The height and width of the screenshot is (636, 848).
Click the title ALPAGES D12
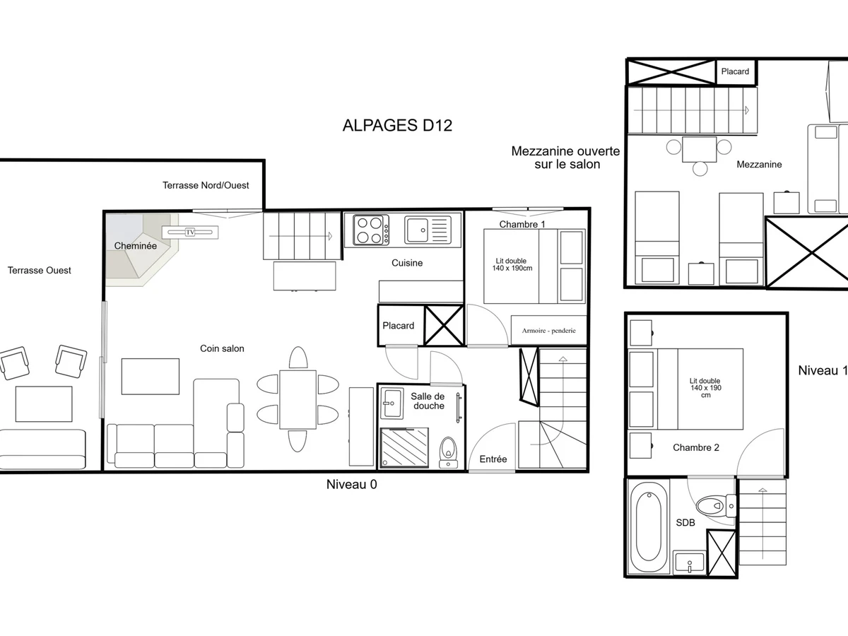[397, 126]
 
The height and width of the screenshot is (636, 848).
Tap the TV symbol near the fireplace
[190, 232]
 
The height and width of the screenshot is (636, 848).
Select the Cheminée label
[135, 246]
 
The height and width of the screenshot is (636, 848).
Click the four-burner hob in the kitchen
[371, 230]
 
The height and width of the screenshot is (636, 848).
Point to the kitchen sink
[428, 230]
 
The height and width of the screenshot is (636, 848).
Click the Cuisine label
[407, 263]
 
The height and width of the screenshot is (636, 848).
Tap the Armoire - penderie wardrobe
[548, 330]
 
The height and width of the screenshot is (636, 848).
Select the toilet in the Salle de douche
[448, 453]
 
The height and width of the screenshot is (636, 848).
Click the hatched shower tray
[404, 447]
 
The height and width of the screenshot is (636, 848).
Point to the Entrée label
[493, 459]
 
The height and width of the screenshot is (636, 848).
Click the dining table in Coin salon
[298, 399]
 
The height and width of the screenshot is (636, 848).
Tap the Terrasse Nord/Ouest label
[206, 185]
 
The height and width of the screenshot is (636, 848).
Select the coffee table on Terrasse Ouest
[44, 404]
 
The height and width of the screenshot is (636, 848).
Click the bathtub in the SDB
[649, 526]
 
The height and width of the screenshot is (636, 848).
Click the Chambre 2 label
[696, 447]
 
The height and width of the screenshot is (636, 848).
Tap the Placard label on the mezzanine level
[735, 71]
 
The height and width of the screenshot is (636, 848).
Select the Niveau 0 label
[351, 484]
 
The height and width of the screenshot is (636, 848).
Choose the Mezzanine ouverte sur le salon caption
[566, 158]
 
